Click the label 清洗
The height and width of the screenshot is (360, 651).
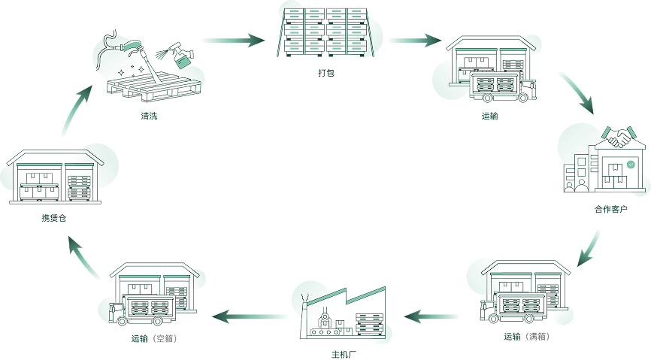click(149, 116)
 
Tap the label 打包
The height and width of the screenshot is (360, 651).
click(326, 73)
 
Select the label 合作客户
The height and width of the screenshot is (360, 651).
click(610, 209)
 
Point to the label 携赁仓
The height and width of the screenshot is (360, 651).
click(54, 218)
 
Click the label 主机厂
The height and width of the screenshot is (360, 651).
click(344, 355)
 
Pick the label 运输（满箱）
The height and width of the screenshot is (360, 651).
click(527, 337)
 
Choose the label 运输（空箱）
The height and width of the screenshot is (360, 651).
click(154, 338)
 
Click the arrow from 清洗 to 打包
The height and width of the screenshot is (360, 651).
click(233, 41)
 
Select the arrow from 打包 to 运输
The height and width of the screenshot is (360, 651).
click(415, 41)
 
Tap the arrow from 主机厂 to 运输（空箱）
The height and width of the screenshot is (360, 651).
click(250, 316)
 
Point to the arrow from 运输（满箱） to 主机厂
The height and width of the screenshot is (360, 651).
click(431, 317)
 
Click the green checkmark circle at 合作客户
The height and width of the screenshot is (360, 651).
click(631, 165)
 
